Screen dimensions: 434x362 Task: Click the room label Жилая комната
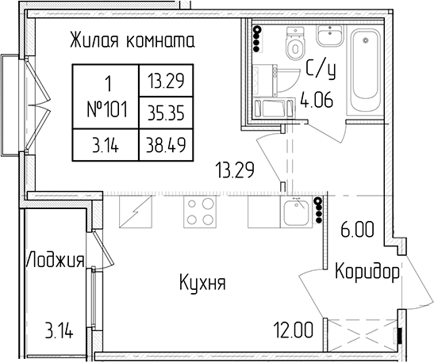(x=133, y=40)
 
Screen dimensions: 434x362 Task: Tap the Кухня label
(x=203, y=283)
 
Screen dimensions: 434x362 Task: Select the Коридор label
(x=367, y=272)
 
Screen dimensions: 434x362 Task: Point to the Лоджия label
(x=55, y=260)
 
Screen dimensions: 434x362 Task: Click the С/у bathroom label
(x=321, y=70)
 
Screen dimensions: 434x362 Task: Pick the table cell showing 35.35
(x=166, y=112)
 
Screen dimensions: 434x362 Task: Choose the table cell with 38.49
(x=166, y=144)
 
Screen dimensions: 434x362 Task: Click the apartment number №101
(x=107, y=109)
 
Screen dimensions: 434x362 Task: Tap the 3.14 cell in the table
(x=106, y=144)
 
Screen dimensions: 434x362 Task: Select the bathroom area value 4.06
(x=317, y=101)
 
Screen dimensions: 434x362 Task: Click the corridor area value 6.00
(x=357, y=230)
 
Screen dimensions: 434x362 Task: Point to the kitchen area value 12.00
(x=294, y=330)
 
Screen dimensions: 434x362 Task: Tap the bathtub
(x=365, y=70)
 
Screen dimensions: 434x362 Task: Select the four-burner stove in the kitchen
(x=200, y=212)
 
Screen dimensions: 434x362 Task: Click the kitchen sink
(x=297, y=212)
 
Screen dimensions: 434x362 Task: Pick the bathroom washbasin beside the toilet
(x=330, y=36)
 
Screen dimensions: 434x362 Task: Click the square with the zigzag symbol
(x=136, y=212)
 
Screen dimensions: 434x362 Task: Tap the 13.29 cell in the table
(x=166, y=81)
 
